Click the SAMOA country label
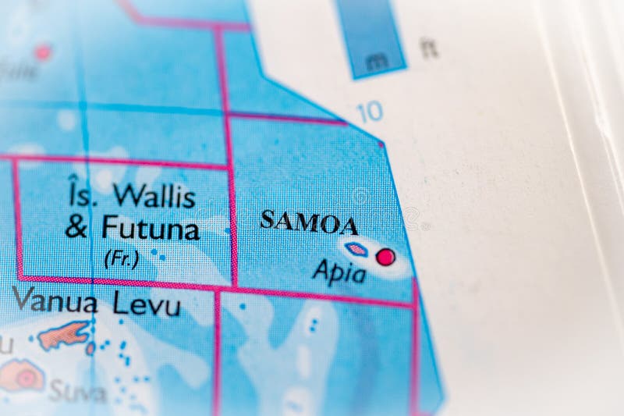tap(309, 222)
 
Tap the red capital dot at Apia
tap(385, 257)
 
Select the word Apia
tap(339, 273)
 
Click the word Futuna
tap(151, 229)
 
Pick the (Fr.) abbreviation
tap(121, 258)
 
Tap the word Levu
tap(147, 304)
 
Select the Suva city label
tap(77, 392)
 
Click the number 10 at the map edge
tap(370, 112)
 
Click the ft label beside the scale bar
tap(428, 48)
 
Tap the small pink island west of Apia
tap(356, 250)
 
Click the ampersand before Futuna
tap(76, 229)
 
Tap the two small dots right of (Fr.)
tap(158, 254)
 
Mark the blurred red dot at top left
tap(42, 52)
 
